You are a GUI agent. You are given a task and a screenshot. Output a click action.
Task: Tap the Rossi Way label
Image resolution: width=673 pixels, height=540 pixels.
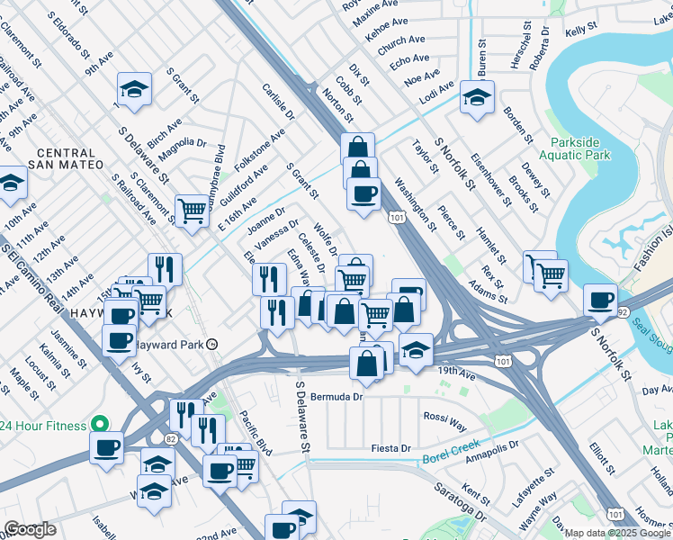pyautogui.click(x=445, y=416)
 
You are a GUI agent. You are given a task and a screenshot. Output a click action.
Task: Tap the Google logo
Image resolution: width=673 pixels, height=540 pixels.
pyautogui.click(x=31, y=529)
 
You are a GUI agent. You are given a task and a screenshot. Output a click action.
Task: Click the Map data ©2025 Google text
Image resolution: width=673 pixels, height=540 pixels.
pyautogui.click(x=617, y=532)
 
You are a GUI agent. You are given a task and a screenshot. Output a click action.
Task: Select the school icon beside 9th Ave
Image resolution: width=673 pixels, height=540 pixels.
pyautogui.click(x=134, y=89)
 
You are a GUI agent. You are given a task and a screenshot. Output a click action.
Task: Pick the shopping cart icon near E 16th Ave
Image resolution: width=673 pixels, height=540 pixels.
pyautogui.click(x=193, y=211)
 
